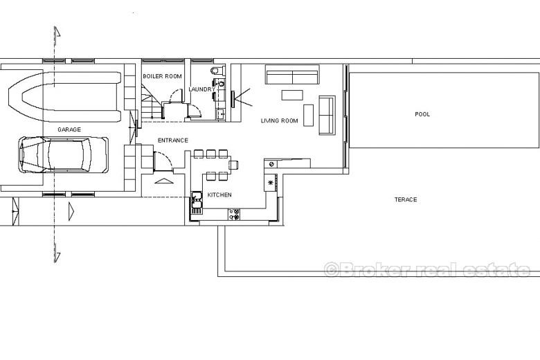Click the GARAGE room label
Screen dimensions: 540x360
tap(69, 129)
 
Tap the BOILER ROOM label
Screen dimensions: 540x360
tap(162, 76)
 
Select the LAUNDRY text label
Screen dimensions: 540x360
tap(202, 89)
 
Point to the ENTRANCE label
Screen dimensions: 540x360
tap(173, 141)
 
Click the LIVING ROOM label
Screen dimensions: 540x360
tap(279, 120)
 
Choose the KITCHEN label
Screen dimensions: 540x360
tap(219, 195)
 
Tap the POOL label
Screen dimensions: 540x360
tap(422, 114)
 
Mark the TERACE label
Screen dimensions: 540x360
tap(406, 199)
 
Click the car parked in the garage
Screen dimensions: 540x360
tap(64, 154)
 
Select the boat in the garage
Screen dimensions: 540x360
tap(64, 96)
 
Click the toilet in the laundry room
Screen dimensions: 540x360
tap(216, 71)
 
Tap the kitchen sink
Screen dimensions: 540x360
tap(197, 203)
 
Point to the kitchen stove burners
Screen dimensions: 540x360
tap(234, 214)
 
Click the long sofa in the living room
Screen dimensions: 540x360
tap(292, 74)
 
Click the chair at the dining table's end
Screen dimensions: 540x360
tap(234, 165)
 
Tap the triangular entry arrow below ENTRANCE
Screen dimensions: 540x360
tap(164, 181)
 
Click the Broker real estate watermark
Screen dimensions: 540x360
tap(427, 269)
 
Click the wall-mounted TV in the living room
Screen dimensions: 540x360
tap(233, 99)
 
